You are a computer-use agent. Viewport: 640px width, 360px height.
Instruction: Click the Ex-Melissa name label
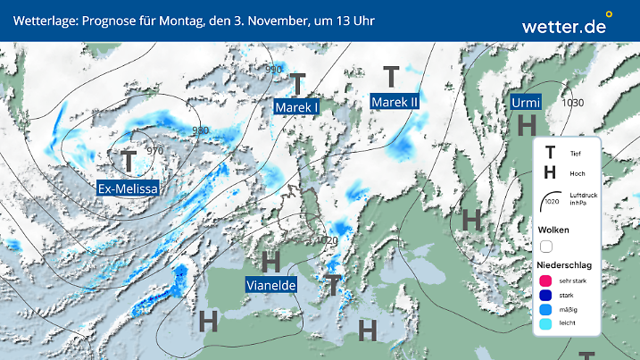pos(129,189)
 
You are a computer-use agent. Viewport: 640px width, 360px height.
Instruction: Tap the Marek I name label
pos(297,107)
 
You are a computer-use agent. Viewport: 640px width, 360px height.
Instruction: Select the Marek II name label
pos(395,102)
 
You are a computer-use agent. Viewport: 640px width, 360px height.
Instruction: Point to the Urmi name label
pos(527,103)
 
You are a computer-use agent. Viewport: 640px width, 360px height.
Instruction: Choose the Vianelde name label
pos(271,285)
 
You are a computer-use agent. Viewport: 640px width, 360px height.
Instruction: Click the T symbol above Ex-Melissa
pos(129,162)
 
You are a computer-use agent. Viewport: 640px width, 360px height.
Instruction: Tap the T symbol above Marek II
pos(391,77)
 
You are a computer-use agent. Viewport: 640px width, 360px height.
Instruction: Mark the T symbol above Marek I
pos(298,83)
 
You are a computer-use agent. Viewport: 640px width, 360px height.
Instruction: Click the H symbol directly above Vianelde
pos(271,261)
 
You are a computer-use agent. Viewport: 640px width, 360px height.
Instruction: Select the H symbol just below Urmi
pos(527,126)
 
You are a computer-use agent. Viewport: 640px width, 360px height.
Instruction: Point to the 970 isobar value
pos(155,151)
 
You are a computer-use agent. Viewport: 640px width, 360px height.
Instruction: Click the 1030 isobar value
pos(573,103)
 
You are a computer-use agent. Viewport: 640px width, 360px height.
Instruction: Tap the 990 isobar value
pos(273,70)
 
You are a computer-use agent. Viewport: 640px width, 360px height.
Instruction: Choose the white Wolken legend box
pos(547,246)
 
